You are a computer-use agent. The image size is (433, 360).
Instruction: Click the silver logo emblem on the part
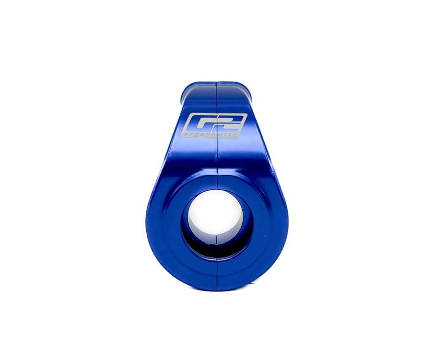214,125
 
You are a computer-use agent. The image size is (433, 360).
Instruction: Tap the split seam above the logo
216,97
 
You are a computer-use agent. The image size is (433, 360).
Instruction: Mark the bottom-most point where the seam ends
217,290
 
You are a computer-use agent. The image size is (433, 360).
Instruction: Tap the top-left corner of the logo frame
187,115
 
